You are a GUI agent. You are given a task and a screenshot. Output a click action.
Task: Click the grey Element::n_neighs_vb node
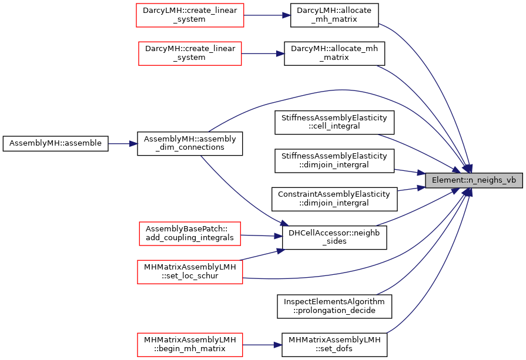pyautogui.click(x=474, y=180)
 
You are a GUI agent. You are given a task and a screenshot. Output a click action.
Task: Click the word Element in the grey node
pyautogui.click(x=445, y=180)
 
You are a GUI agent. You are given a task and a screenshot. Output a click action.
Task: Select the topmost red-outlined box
pyautogui.click(x=190, y=15)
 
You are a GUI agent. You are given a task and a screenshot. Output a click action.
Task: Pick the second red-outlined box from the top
pyautogui.click(x=190, y=53)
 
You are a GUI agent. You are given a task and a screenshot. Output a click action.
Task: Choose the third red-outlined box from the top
pyautogui.click(x=189, y=234)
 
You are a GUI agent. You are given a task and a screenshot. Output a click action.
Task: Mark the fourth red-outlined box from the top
pyautogui.click(x=190, y=272)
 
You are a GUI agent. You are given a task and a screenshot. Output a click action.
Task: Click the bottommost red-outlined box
pyautogui.click(x=190, y=345)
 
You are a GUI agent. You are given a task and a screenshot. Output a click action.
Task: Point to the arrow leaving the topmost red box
pyautogui.click(x=267, y=15)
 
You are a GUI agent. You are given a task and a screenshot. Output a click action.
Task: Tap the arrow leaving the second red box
pyautogui.click(x=263, y=53)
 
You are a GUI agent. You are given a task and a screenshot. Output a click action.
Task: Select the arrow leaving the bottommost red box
pyautogui.click(x=263, y=345)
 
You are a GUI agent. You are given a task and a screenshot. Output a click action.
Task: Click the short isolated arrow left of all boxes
pyautogui.click(x=123, y=144)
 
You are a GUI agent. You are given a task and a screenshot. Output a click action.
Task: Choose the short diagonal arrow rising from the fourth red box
pyautogui.click(x=263, y=254)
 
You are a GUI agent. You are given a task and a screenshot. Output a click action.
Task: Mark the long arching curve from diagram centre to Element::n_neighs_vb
pyautogui.click(x=341, y=90)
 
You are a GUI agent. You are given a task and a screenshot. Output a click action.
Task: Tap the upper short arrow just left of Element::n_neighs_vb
pyautogui.click(x=410, y=171)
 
